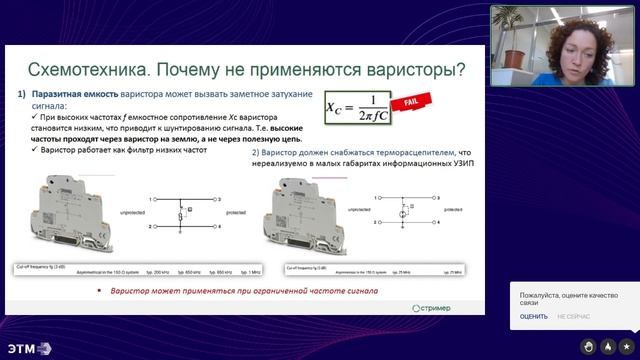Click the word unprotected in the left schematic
132,213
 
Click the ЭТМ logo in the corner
26,347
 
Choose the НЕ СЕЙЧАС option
573,316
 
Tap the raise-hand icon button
589,346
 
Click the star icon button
625,346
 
